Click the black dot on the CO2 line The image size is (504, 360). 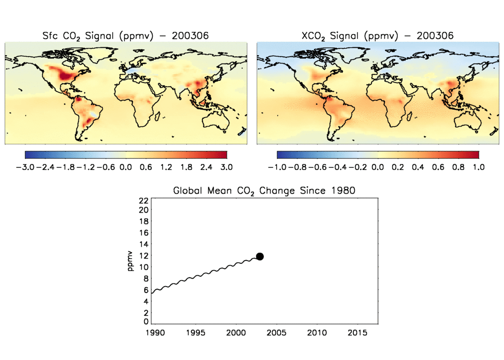(260, 256)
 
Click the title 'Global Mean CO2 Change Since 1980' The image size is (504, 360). (264, 191)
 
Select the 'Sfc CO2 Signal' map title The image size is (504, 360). (126, 35)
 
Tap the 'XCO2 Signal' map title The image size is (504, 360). (377, 35)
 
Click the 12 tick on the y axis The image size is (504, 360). (144, 256)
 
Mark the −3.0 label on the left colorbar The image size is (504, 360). (25, 167)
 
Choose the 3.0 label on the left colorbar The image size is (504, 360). (226, 167)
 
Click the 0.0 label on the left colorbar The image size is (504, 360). (126, 167)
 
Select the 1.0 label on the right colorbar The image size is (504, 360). (479, 167)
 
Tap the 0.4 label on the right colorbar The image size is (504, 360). (418, 167)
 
